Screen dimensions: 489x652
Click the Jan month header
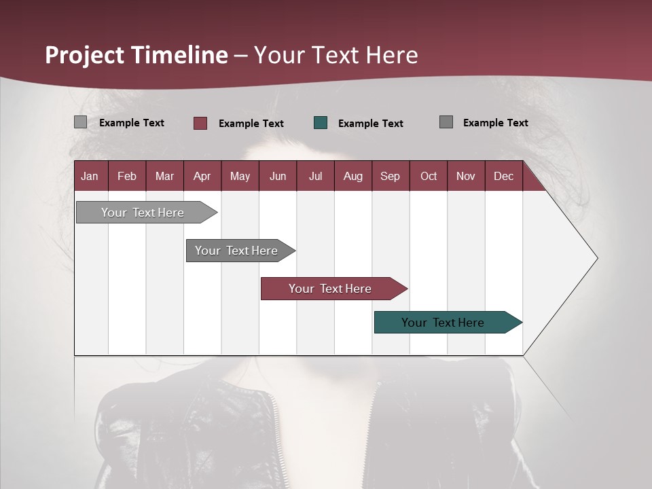tap(90, 176)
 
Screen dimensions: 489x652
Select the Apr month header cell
tap(202, 176)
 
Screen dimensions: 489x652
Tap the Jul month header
tap(315, 176)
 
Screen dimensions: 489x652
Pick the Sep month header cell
tap(391, 176)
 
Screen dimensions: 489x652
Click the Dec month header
tap(503, 176)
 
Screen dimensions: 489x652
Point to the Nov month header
tap(466, 176)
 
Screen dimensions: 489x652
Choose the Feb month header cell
tap(127, 176)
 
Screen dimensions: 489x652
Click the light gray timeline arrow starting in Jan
tap(143, 213)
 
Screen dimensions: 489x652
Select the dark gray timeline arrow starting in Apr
tap(236, 251)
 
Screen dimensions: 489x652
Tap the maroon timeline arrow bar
tap(330, 289)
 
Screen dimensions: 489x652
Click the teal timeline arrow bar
tap(443, 323)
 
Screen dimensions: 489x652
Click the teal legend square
tap(321, 123)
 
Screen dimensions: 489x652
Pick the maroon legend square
tap(200, 123)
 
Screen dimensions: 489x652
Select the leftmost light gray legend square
tap(80, 122)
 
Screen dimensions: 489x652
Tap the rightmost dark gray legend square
tap(446, 122)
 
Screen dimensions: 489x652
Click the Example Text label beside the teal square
tap(370, 124)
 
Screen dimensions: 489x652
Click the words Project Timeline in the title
tap(136, 55)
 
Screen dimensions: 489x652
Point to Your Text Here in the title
tap(336, 55)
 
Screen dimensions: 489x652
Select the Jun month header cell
tap(278, 176)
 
